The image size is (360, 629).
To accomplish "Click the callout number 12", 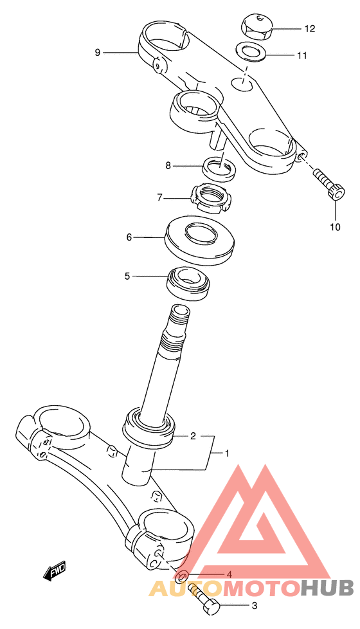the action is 309,29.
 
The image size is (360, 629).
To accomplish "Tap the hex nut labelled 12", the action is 256,27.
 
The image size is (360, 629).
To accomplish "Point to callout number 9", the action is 98,52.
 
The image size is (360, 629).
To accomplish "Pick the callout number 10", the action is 335,227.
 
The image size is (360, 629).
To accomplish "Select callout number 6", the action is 129,237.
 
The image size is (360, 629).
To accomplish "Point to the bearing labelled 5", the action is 188,283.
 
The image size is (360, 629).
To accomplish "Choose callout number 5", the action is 127,276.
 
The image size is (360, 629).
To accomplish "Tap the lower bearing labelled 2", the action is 149,428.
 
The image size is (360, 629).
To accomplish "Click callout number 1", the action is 226,453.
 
